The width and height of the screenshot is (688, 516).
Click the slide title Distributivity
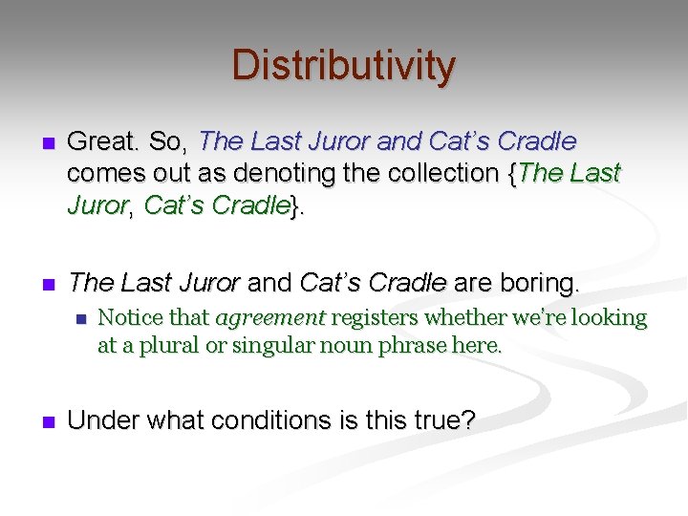(x=344, y=66)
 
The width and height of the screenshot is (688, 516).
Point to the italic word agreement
(x=272, y=317)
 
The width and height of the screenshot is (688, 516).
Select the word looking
(x=610, y=317)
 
